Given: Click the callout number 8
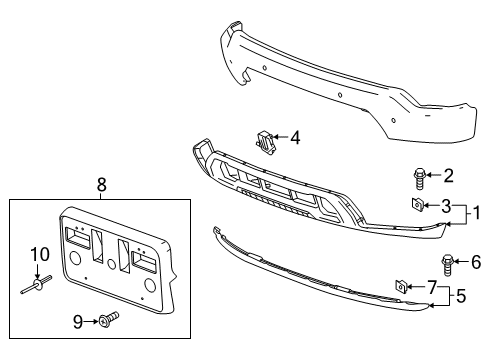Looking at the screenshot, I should coord(100,184).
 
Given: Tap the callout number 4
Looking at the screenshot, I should coord(295,138).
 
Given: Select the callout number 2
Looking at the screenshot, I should coord(448,177).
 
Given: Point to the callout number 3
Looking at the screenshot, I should coord(448,206).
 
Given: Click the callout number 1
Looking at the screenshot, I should coord(478,212).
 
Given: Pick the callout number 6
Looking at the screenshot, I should coord(475,264).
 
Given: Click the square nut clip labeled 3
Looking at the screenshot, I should coord(414,205).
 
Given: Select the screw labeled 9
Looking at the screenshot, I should coord(108,320).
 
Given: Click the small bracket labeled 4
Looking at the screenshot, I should coord(267,141).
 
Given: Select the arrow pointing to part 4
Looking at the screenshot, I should coord(281,138).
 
